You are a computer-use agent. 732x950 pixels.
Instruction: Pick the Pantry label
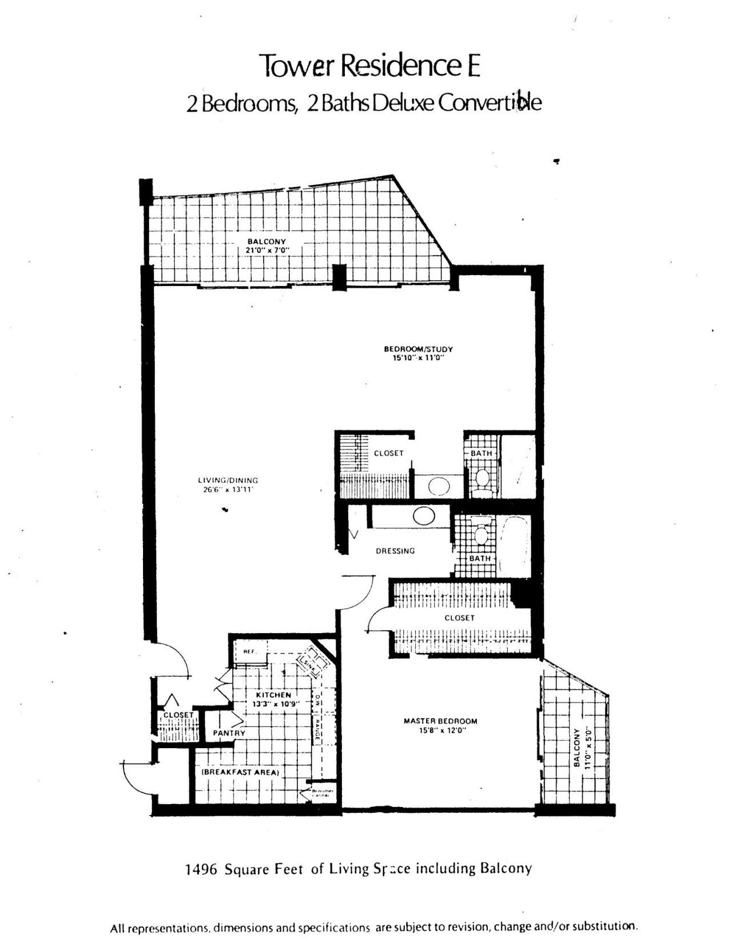[229, 733]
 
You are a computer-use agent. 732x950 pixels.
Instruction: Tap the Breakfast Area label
[240, 772]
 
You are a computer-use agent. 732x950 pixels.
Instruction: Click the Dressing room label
[395, 551]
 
